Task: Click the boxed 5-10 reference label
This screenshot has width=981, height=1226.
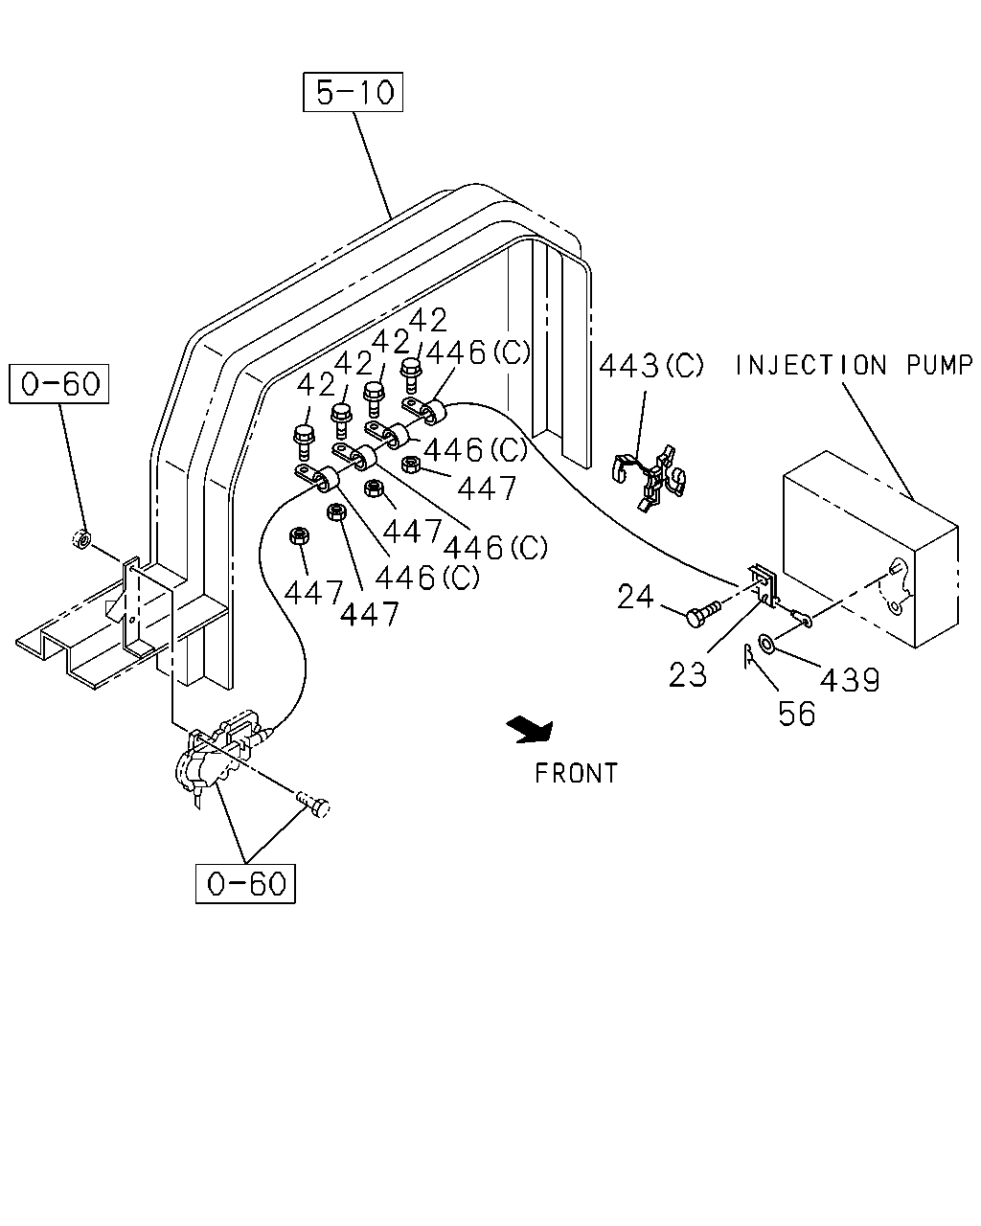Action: (x=353, y=92)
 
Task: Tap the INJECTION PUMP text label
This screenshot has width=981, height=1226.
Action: (x=854, y=365)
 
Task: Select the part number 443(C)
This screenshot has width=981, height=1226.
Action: (x=651, y=365)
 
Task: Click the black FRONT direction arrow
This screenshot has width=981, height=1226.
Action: (x=531, y=730)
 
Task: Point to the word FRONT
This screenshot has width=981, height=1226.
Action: (x=577, y=773)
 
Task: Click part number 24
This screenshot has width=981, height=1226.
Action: (x=635, y=597)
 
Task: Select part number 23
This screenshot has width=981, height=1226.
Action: (x=688, y=675)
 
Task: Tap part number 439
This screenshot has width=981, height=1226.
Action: (x=850, y=680)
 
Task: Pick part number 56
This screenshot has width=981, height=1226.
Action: (x=797, y=714)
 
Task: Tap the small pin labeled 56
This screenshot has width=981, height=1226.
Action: (x=747, y=655)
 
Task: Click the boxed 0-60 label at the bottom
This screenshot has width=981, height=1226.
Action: (x=245, y=884)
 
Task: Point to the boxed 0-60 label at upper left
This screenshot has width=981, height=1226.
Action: (x=59, y=384)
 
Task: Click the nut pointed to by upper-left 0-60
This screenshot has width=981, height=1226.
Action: (x=81, y=538)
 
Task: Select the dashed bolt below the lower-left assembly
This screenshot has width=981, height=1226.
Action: (x=313, y=805)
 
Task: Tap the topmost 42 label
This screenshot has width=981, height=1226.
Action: (x=427, y=320)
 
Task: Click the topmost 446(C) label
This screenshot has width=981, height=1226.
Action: (x=478, y=352)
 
